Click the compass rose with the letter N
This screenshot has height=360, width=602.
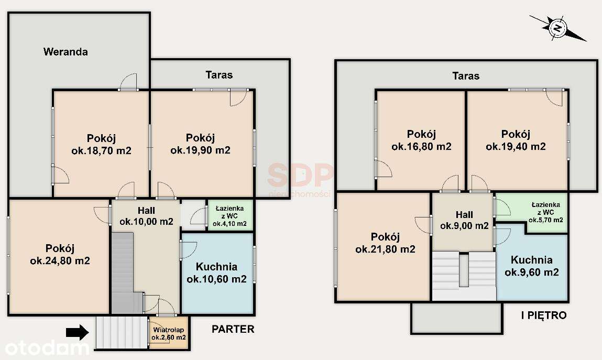point(558,27)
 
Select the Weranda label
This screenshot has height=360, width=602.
point(65,52)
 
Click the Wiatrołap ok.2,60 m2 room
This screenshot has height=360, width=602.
point(169,334)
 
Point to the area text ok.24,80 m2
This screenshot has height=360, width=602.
point(60,260)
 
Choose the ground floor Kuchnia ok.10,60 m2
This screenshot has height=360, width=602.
point(216,272)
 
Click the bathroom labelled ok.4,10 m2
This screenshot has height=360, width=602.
point(229,215)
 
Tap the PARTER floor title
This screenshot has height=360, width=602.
point(233,329)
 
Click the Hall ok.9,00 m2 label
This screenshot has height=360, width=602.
point(464,221)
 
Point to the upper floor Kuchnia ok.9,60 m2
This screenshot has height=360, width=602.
point(531,266)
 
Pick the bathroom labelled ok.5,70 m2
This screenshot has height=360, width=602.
point(545,212)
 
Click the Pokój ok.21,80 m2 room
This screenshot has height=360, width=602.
point(385,243)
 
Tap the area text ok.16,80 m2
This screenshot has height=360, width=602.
point(421,147)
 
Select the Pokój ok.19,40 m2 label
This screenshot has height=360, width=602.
point(516,140)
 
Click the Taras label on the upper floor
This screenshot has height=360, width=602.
point(466,76)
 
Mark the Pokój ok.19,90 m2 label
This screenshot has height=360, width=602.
point(200,144)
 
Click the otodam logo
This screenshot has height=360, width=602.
point(45,347)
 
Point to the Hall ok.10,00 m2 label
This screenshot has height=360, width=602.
point(146,216)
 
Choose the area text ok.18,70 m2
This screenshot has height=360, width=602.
point(101,151)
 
